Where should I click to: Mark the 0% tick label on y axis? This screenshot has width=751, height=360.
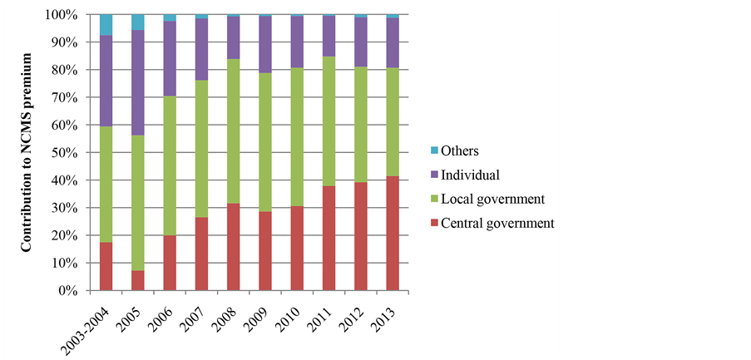(x=67, y=291)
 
